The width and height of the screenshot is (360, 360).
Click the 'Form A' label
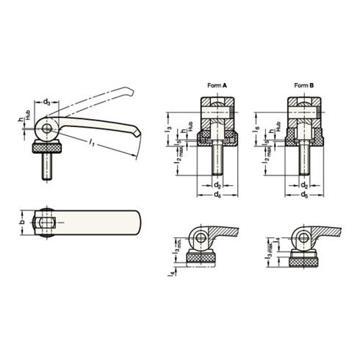pyautogui.click(x=219, y=86)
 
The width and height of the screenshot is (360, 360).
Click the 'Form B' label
pyautogui.click(x=304, y=86)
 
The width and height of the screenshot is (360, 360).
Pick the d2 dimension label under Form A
pyautogui.click(x=217, y=184)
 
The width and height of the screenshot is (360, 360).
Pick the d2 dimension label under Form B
pyautogui.click(x=303, y=184)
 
